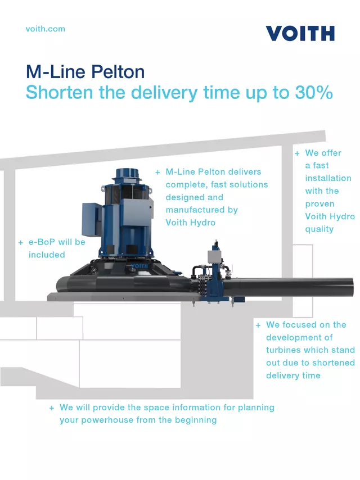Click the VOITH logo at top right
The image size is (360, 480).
pos(300,33)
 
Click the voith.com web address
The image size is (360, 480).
pos(45,29)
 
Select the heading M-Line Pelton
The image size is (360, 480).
pos(85,72)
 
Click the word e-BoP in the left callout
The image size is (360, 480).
pos(42,242)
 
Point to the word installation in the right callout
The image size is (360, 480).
pos(328,178)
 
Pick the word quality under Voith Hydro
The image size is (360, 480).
pos(319,229)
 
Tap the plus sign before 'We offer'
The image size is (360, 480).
pos(297,153)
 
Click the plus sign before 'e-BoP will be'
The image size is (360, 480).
pos(21,243)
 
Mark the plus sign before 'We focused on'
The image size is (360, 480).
pos(258,325)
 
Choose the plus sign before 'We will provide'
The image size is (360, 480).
pos(52,408)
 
